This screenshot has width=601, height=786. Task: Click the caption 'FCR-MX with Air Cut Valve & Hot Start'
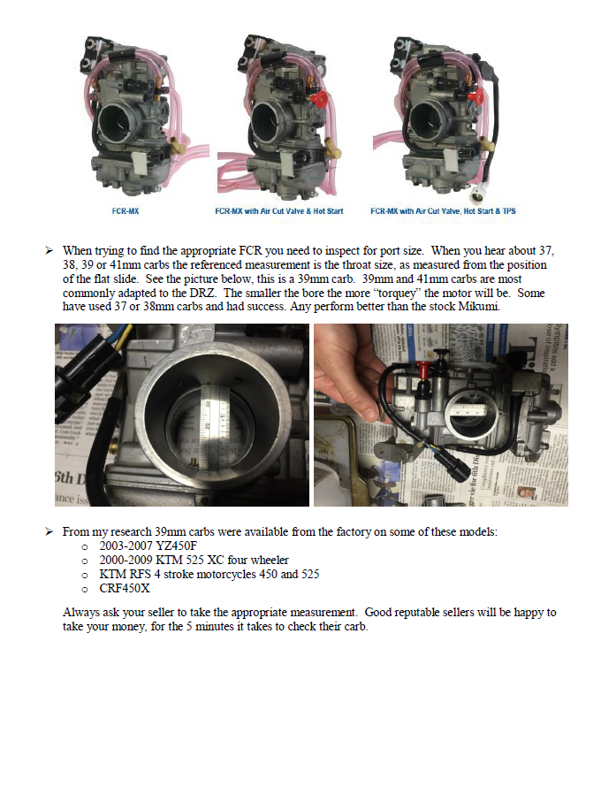[278, 211]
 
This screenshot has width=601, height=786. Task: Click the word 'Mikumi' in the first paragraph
[482, 307]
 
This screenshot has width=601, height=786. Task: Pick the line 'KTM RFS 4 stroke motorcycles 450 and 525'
[209, 574]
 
